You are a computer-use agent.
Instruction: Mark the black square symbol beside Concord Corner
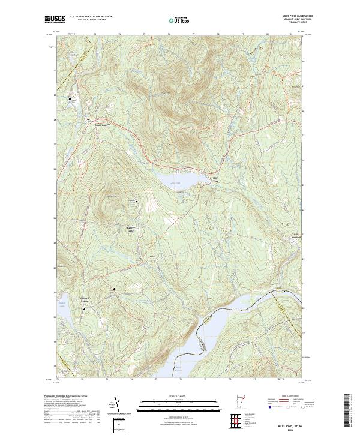click(83, 308)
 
